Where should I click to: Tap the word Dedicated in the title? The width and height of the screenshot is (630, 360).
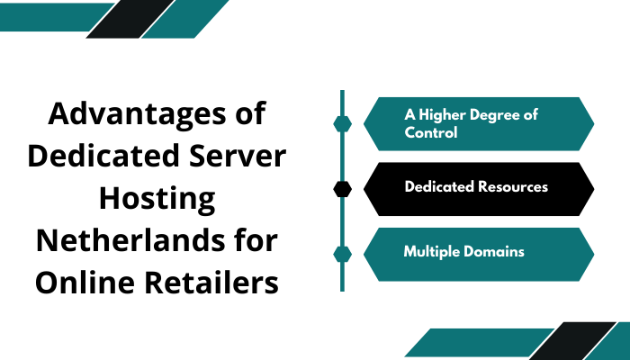pos(100,156)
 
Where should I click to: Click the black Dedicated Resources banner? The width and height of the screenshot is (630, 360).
pos(478,188)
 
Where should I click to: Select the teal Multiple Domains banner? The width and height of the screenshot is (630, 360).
pos(478,253)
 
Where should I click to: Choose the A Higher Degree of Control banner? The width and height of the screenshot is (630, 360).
pos(478,123)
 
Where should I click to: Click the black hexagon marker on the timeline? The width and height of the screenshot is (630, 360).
pos(342,188)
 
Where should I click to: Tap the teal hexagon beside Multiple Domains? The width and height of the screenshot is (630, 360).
pos(342,253)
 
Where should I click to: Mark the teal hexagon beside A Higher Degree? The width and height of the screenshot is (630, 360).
pos(342,123)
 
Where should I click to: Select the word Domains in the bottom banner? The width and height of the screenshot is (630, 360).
pos(494,253)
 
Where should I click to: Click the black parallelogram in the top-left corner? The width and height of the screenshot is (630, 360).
pos(125,19)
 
